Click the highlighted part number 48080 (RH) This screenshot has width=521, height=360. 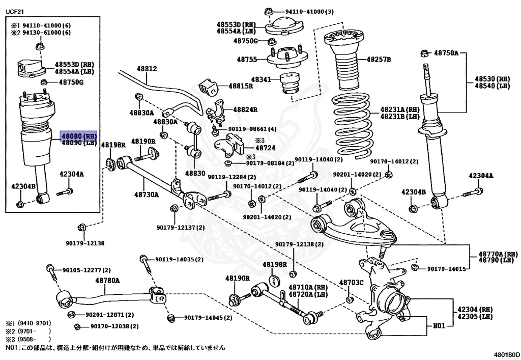click(78, 136)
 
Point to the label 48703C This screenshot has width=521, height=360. click(351, 283)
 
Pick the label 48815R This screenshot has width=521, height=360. click(241, 86)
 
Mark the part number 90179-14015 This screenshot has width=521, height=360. click(446, 268)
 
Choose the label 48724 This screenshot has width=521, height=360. click(265, 147)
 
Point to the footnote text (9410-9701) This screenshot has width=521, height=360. click(34, 323)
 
